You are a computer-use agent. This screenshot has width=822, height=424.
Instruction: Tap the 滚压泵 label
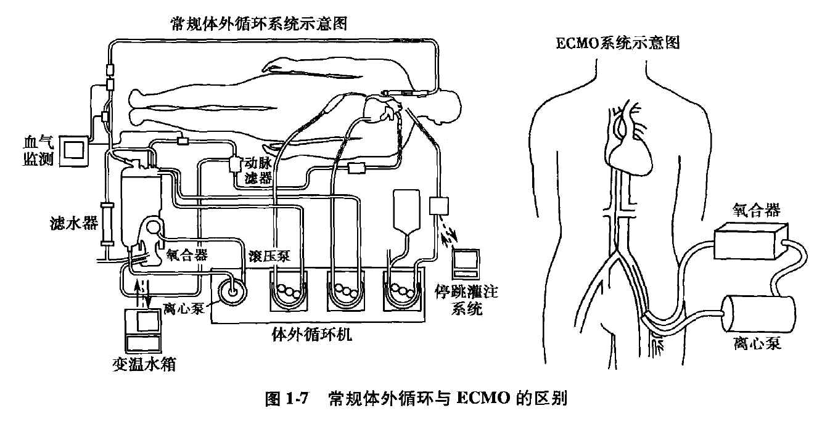266,255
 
